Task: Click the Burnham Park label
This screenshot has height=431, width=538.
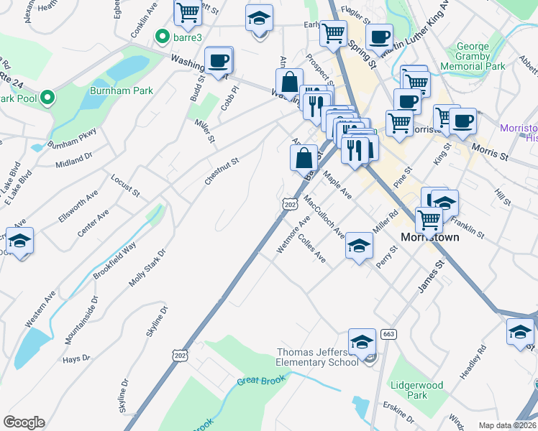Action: pos(113,91)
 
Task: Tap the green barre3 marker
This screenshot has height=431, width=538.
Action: pos(164,35)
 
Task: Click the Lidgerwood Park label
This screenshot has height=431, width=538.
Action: pos(417,390)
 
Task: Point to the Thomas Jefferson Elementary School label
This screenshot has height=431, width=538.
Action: pos(318,357)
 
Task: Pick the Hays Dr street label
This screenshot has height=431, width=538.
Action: pos(76,358)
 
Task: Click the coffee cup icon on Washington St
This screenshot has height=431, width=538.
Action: pos(219,60)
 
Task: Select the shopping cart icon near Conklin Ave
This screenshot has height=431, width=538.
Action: pos(187,12)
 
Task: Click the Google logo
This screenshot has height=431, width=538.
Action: pos(24,422)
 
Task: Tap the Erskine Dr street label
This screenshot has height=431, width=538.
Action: pos(398,414)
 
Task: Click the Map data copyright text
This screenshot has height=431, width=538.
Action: pos(508,425)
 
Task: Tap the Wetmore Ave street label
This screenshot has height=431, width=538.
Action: pos(293,234)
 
